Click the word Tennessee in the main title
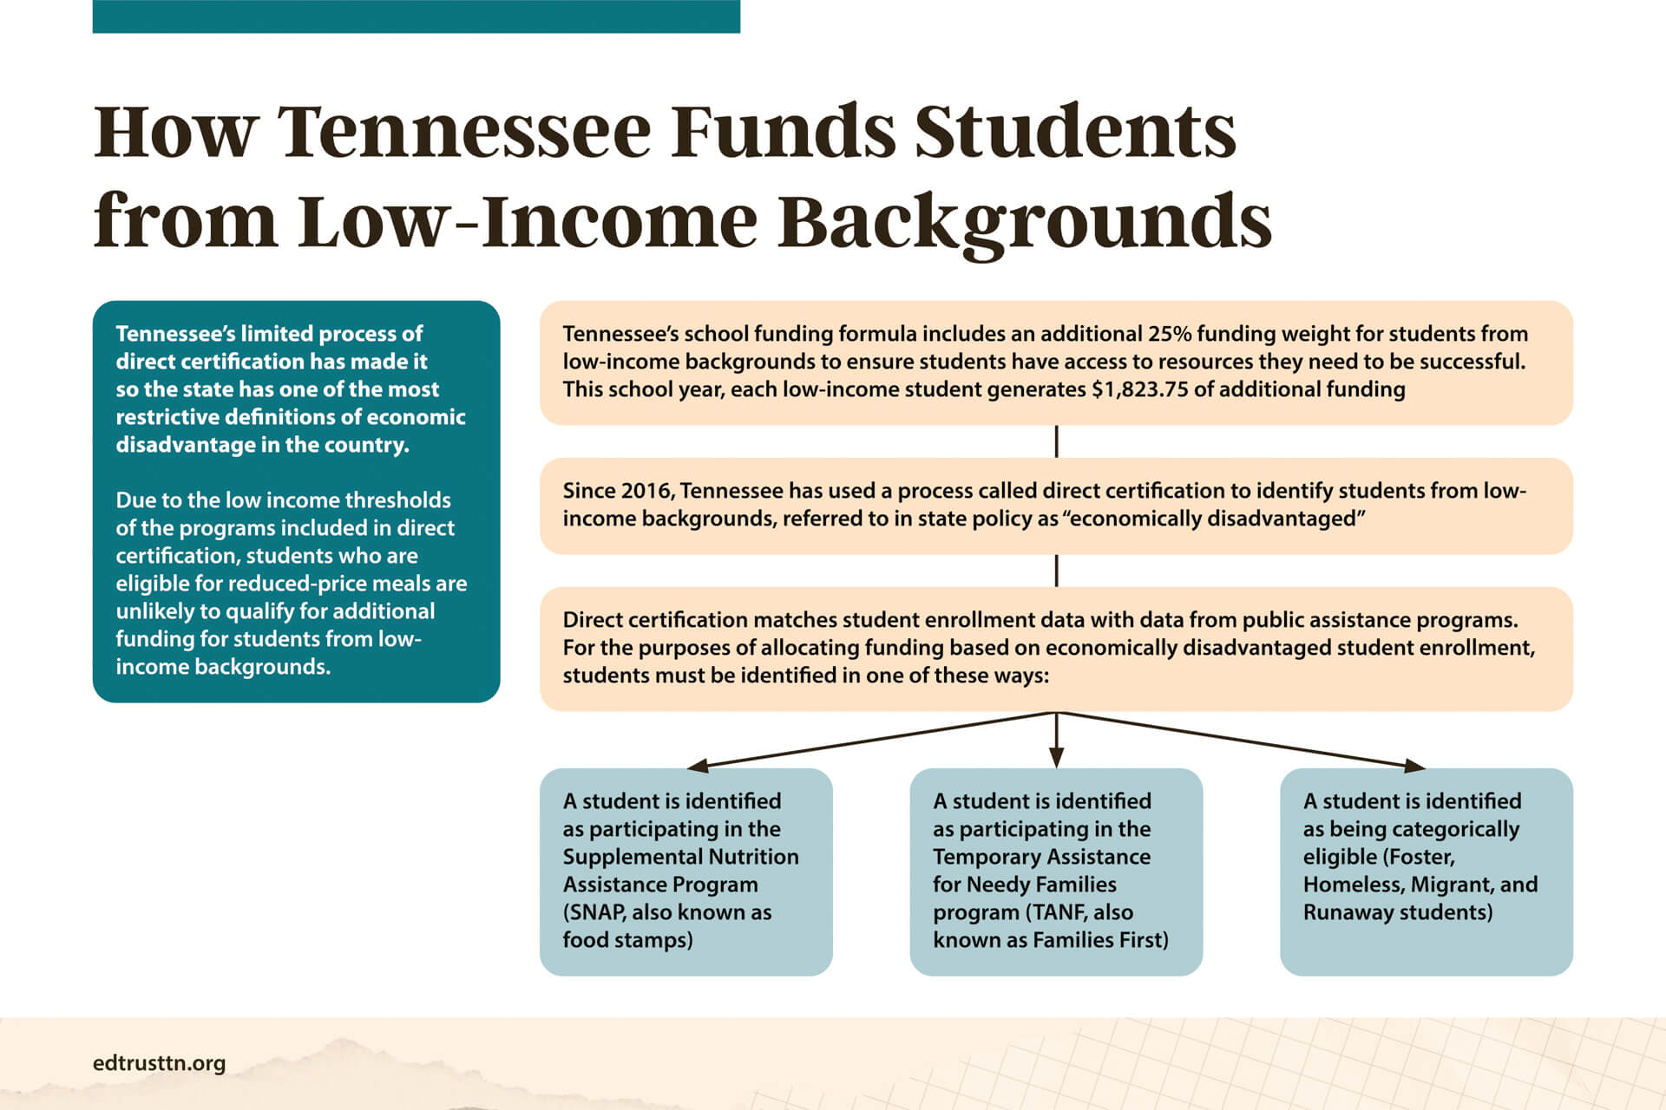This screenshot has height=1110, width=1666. click(x=463, y=132)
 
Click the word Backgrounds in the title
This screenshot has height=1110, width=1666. click(x=1024, y=222)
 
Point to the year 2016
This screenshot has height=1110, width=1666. click(x=647, y=491)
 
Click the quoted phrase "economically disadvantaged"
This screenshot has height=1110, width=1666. click(x=1214, y=519)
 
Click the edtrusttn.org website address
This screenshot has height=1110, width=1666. click(x=159, y=1063)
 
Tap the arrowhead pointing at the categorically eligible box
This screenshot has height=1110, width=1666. click(x=1413, y=765)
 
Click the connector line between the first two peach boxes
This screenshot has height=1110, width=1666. click(x=1056, y=441)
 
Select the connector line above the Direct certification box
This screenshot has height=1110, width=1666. click(x=1056, y=571)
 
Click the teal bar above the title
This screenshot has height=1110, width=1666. click(x=416, y=16)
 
